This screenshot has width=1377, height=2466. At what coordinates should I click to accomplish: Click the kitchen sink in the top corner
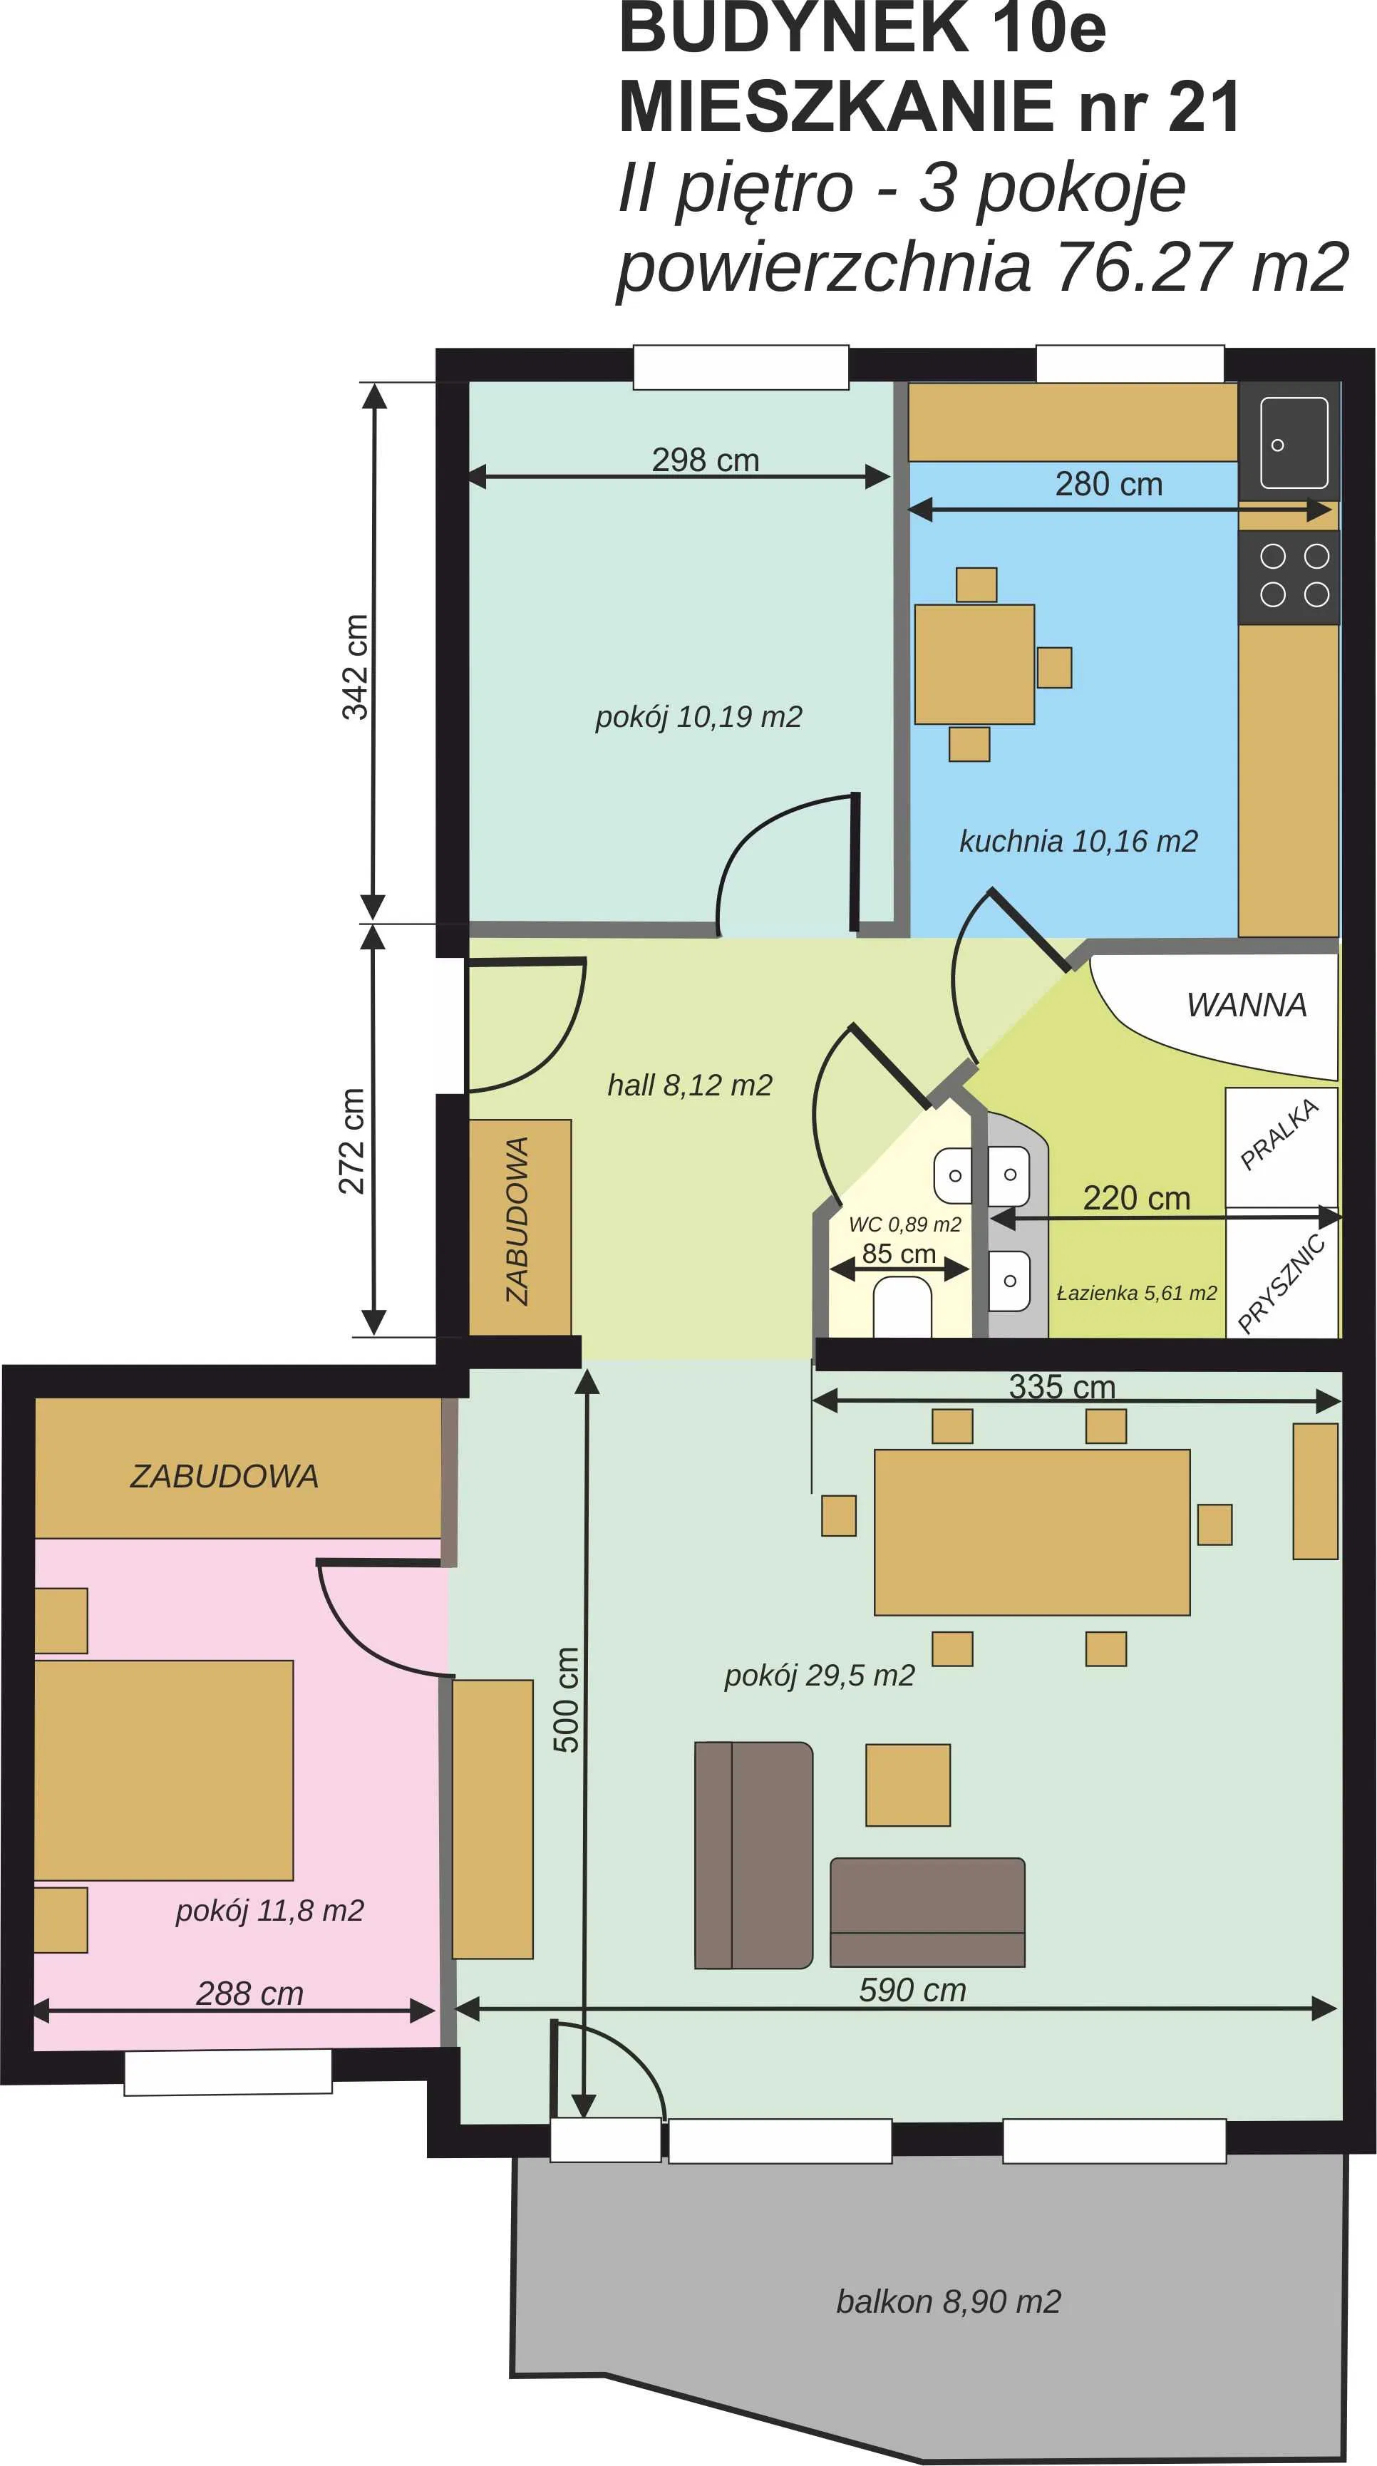point(1289,441)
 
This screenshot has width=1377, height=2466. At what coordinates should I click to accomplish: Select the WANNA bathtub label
point(1246,1005)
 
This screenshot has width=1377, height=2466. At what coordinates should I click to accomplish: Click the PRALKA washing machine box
point(1281,1146)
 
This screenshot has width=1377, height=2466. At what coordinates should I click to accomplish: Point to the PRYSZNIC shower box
point(1281,1274)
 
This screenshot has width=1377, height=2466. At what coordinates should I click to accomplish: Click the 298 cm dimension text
point(706,460)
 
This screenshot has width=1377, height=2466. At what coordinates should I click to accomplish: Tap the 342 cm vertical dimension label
point(354,666)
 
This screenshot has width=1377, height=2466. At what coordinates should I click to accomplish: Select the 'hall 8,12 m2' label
point(689,1085)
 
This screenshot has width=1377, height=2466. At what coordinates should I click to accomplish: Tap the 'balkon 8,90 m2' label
point(948,2301)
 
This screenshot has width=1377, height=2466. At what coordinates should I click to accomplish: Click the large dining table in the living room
point(1031,1532)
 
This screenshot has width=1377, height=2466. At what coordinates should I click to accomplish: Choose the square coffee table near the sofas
point(908,1785)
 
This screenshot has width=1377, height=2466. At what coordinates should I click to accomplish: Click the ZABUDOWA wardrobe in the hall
point(520,1227)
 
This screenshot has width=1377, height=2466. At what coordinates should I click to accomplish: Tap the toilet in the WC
point(902,1309)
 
